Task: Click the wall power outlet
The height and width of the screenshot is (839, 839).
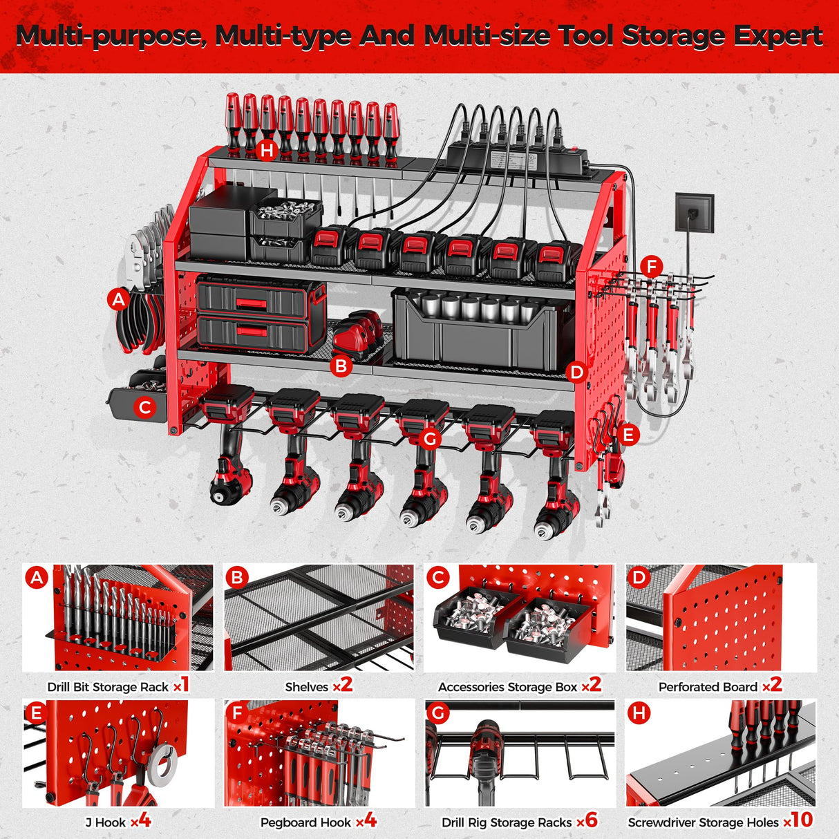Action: (695, 213)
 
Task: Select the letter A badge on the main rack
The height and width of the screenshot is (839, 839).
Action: (119, 300)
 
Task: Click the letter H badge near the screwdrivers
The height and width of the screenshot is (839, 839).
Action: (267, 151)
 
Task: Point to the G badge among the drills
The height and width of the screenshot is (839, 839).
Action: (430, 438)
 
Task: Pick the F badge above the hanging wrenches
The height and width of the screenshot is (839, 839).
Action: (651, 267)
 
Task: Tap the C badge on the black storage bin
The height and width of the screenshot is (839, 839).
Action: (144, 408)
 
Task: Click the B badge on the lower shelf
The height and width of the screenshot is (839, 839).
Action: (341, 366)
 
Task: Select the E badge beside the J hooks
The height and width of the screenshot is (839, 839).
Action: (628, 435)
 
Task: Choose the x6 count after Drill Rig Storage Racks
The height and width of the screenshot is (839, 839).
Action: (587, 821)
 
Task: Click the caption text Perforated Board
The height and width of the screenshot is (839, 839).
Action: (708, 687)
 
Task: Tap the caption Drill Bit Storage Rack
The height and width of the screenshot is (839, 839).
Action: (108, 687)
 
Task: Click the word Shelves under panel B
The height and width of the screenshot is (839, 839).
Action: (307, 687)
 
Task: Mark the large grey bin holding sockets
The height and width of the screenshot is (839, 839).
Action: (481, 329)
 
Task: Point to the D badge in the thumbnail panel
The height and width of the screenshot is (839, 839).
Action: (639, 577)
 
